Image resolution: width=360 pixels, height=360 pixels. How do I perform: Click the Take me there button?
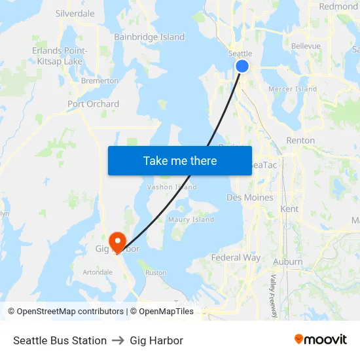[180, 160]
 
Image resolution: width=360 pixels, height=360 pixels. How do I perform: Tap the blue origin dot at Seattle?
[242, 66]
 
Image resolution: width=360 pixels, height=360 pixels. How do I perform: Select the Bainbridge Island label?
[149, 37]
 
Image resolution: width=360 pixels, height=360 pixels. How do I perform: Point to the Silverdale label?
[75, 13]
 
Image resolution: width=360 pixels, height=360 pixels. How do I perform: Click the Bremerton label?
[99, 81]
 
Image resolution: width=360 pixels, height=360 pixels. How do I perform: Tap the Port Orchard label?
[93, 104]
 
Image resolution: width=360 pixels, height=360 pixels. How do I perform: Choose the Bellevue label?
[306, 46]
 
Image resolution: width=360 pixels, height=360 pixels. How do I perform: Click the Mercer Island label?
[293, 89]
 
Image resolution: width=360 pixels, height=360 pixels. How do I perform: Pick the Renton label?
[300, 140]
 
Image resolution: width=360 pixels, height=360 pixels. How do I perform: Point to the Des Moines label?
[250, 197]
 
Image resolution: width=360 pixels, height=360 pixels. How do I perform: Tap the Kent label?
[289, 209]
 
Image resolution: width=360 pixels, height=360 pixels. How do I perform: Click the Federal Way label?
[236, 258]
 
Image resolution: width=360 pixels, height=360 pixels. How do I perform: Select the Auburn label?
[288, 262]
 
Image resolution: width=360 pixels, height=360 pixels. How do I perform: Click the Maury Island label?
[191, 219]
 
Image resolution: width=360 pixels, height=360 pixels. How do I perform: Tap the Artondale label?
[98, 272]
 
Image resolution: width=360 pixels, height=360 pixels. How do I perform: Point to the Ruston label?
[156, 272]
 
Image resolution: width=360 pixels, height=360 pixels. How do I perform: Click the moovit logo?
[321, 340]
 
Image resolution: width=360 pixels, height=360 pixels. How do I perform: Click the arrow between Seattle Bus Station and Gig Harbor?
[118, 340]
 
